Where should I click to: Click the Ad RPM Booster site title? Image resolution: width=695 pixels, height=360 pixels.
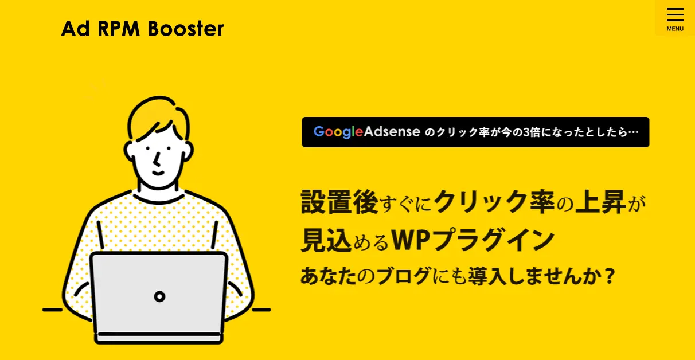(x=142, y=29)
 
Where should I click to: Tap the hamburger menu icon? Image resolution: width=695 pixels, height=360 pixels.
(x=675, y=15)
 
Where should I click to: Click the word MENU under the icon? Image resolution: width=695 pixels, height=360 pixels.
(x=675, y=29)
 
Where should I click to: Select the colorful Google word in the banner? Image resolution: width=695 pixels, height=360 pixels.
(x=338, y=132)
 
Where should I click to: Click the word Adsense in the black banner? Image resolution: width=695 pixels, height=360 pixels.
(x=392, y=131)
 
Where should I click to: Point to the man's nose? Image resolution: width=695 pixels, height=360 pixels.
(x=157, y=159)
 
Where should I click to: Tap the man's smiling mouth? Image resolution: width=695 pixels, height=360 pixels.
(x=158, y=173)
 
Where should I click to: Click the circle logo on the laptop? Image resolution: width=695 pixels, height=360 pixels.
(x=159, y=297)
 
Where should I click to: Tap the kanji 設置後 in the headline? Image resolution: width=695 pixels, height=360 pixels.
(x=339, y=202)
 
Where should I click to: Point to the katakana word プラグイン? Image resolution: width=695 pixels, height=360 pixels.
(x=493, y=240)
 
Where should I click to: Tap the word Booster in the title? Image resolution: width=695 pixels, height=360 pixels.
(x=186, y=29)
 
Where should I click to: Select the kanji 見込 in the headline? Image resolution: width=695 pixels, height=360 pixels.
(x=326, y=240)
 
